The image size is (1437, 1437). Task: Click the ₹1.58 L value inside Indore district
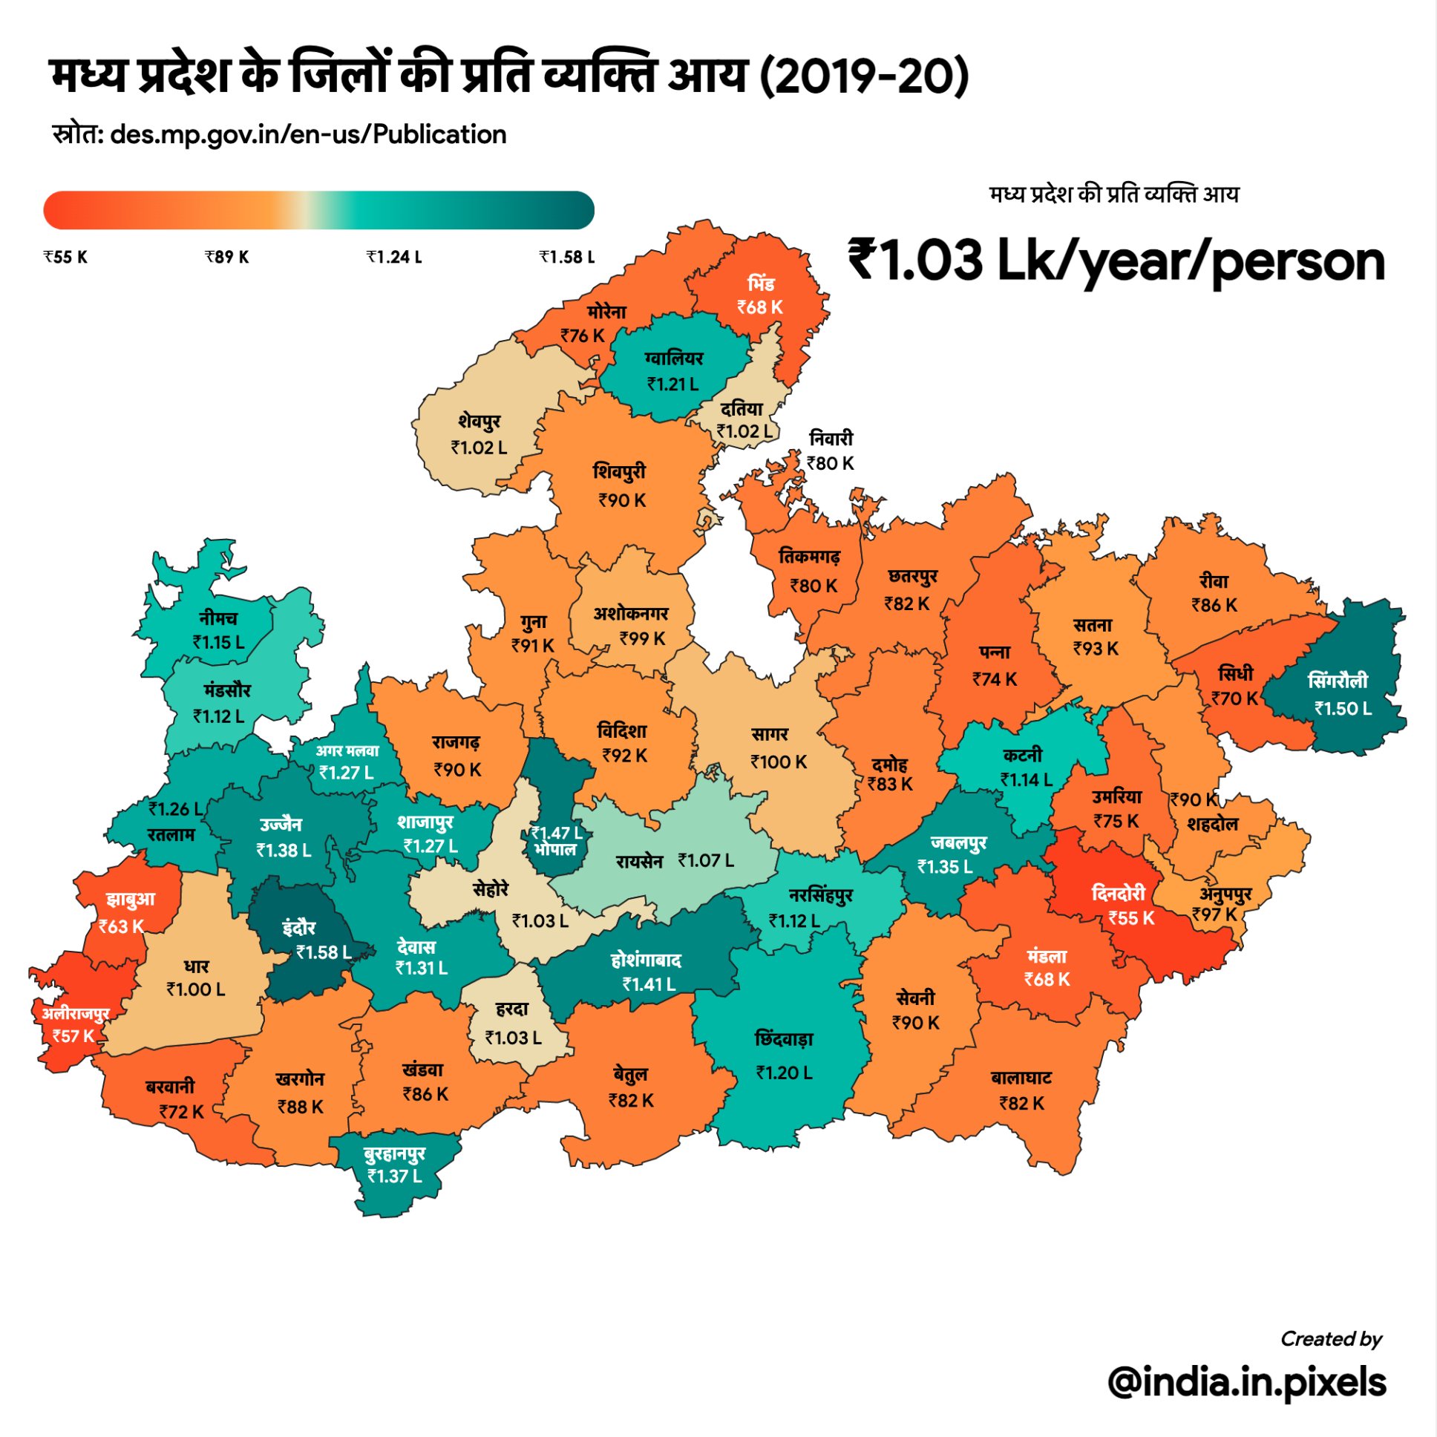coord(324,953)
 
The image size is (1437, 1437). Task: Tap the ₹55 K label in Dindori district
coord(1131,919)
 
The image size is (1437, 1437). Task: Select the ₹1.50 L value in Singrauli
coord(1343,709)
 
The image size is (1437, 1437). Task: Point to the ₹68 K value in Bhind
coord(759,307)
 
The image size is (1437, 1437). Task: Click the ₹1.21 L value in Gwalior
coord(672,384)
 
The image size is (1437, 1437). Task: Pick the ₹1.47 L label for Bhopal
coord(557,833)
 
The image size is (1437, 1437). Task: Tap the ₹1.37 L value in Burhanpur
coord(394,1176)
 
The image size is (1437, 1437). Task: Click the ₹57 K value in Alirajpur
coord(73,1036)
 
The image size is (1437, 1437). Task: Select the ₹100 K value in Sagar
coord(778,762)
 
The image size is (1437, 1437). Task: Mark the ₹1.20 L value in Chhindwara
coord(784,1073)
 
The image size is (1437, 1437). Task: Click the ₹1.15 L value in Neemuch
coord(218,643)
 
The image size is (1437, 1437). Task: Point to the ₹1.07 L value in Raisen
coord(706,860)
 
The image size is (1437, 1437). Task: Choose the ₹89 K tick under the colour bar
coord(227,258)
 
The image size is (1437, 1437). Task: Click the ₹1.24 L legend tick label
coord(394,258)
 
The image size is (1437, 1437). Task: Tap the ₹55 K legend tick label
coord(65,258)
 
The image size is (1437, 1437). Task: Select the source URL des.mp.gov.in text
coord(308,134)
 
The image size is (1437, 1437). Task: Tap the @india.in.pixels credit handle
coord(1246,1382)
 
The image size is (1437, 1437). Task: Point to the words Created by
coord(1331,1340)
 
